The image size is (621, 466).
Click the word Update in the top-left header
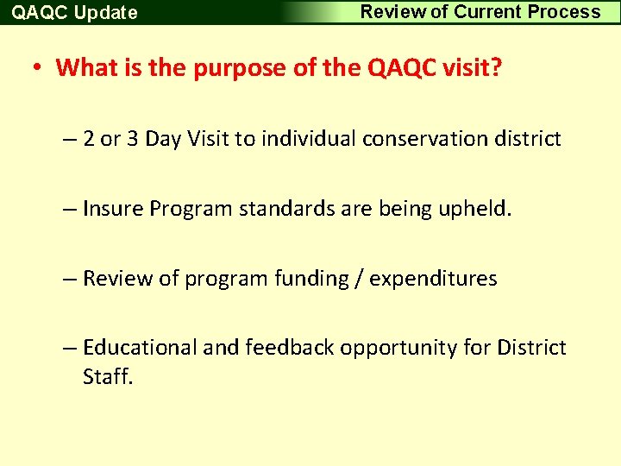click(x=105, y=13)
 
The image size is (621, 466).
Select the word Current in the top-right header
click(x=489, y=12)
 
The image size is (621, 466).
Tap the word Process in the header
click(x=564, y=12)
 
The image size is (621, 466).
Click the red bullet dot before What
click(x=40, y=68)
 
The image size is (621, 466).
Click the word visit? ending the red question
click(x=471, y=67)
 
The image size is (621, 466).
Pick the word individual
click(x=310, y=139)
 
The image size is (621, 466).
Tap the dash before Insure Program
click(x=70, y=210)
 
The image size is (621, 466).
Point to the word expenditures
click(x=433, y=279)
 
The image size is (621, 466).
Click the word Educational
click(x=140, y=348)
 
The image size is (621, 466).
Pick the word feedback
click(x=290, y=348)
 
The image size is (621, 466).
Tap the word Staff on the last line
click(x=108, y=377)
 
